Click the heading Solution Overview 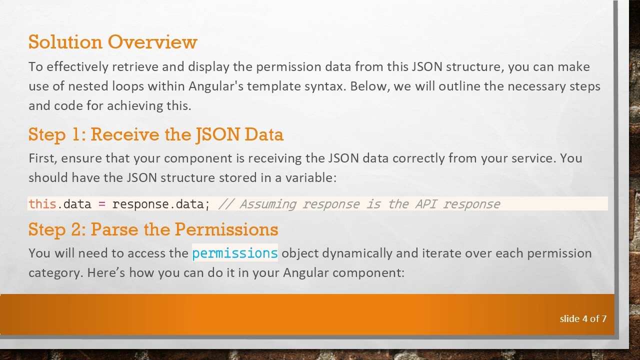pos(112,42)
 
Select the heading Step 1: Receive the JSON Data pos(155,134)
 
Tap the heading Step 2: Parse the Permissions pos(153,229)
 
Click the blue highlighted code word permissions pos(234,253)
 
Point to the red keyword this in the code pos(42,204)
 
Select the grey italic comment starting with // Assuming pos(359,204)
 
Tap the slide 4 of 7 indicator pos(582,318)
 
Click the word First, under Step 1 pos(43,158)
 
